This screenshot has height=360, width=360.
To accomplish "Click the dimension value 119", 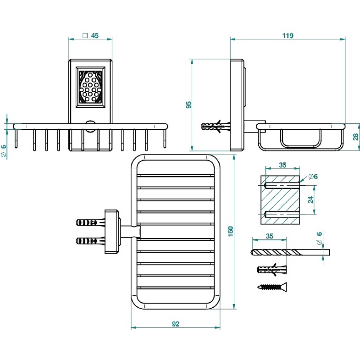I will [288, 35].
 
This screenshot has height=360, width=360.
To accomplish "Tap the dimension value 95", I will [188, 105].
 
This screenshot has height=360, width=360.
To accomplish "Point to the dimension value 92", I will [176, 323].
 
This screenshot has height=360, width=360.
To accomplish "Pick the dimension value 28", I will [355, 137].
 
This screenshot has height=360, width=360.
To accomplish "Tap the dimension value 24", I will [310, 200].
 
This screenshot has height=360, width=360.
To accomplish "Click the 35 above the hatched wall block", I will [282, 165].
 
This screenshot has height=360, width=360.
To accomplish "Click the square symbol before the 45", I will [84, 35].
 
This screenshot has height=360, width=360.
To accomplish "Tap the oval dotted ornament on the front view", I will [90, 86].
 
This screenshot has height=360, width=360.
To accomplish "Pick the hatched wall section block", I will [280, 200].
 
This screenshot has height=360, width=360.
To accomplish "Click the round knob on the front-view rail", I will [90, 125].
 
